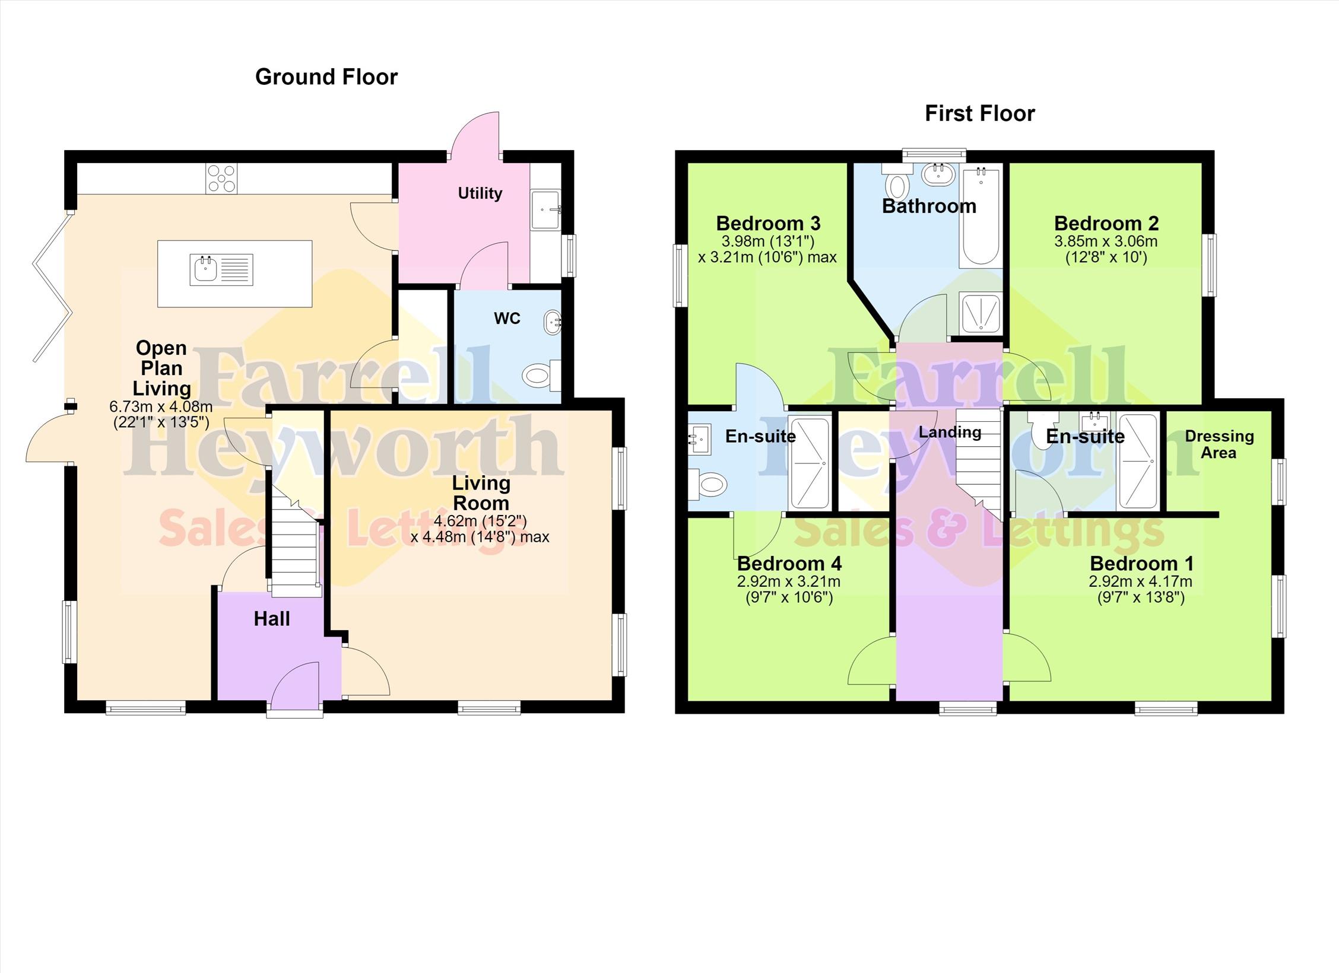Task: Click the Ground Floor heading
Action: click(326, 77)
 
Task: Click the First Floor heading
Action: click(980, 113)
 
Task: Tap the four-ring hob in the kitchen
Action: click(221, 178)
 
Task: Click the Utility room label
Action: click(480, 193)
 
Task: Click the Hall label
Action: click(272, 619)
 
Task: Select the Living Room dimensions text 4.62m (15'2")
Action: click(480, 521)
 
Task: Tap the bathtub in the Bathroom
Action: click(981, 216)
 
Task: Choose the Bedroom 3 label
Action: click(768, 223)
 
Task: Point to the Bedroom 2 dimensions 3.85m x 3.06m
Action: click(1106, 241)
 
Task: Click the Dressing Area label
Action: click(1219, 444)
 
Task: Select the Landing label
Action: click(950, 433)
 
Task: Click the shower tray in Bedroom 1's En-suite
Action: click(1138, 462)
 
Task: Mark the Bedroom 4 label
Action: click(789, 563)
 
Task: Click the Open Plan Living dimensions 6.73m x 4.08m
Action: click(161, 407)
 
